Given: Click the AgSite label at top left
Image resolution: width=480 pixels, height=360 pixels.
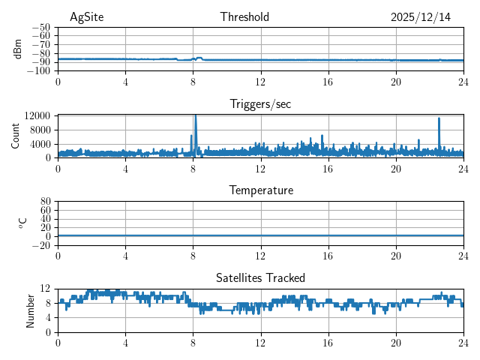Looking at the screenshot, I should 87,17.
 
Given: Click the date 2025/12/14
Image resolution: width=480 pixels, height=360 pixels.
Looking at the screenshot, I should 421,17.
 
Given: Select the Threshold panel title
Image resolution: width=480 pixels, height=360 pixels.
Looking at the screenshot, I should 244,17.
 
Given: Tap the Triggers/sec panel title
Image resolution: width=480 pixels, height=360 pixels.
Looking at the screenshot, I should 260,104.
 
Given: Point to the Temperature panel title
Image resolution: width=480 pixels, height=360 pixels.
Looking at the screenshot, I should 260,190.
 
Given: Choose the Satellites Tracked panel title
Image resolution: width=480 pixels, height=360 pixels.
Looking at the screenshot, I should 260,277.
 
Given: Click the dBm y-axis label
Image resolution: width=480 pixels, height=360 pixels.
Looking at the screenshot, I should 18,49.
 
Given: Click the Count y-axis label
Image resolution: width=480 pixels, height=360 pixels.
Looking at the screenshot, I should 15,136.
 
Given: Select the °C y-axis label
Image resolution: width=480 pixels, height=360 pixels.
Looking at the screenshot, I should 22,223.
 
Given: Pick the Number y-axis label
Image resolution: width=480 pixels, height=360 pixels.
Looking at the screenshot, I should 30,310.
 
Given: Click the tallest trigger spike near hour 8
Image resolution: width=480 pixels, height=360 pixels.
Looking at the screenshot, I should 196,117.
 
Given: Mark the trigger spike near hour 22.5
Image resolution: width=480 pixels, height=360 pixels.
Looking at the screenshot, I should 439,119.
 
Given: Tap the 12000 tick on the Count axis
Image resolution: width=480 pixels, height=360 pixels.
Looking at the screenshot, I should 37,115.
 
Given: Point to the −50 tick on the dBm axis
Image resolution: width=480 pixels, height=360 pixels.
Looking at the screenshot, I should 40,28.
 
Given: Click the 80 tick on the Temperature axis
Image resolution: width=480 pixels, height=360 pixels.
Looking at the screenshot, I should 45,202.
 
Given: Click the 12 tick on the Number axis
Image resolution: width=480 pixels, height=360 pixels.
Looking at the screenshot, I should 45,289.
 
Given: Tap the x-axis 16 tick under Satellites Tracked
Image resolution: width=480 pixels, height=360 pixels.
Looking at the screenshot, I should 328,343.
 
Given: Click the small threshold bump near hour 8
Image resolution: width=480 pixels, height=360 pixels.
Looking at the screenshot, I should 198,57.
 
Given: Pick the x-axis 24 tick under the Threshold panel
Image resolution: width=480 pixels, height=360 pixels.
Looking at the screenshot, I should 463,82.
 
